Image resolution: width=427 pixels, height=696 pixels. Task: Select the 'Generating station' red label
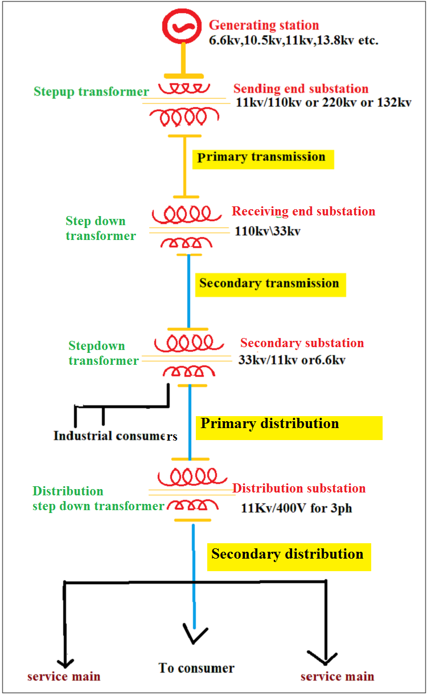(264, 26)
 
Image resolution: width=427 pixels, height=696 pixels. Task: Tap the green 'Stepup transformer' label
(91, 92)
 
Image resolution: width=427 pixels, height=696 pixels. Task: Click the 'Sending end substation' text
(301, 89)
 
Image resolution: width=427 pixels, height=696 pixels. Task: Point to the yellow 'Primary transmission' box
(263, 158)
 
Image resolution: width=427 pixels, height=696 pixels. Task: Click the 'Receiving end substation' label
(303, 211)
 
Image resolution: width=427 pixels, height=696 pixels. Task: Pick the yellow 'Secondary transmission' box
(270, 284)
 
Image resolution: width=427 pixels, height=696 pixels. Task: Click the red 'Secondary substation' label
(302, 343)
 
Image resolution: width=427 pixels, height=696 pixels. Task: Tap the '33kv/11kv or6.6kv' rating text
(292, 360)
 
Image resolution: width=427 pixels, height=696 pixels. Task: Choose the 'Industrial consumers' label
(116, 436)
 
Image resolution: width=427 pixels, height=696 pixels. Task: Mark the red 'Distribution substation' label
(299, 489)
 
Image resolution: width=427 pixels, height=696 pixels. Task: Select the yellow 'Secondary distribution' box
(288, 555)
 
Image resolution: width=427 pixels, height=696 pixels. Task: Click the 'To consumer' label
(196, 668)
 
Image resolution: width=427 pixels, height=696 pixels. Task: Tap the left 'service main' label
(64, 677)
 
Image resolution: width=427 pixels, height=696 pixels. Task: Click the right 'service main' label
(338, 677)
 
